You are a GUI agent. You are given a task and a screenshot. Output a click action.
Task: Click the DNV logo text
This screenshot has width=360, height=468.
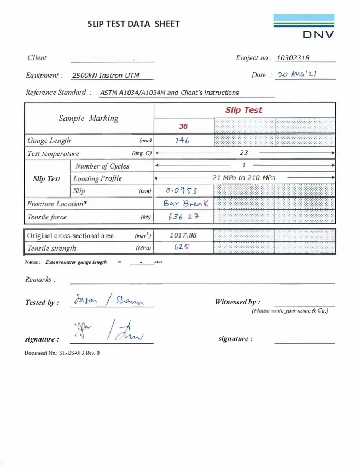[x=318, y=35]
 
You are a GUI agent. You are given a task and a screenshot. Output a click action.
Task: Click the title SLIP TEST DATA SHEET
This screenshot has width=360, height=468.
[x=133, y=24]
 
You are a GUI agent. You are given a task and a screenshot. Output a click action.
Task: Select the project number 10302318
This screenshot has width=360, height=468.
[x=293, y=58]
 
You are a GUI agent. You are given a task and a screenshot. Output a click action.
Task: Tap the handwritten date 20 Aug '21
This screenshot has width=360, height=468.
[x=298, y=74]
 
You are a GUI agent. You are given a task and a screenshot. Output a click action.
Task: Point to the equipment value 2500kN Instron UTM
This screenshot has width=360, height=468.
[x=103, y=76]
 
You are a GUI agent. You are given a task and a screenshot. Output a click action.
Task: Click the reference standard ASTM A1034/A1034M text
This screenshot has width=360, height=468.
[x=170, y=93]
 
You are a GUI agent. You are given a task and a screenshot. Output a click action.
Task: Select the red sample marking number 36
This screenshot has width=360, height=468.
[x=183, y=126]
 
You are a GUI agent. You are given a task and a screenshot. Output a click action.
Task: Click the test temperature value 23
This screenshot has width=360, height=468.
[x=244, y=153]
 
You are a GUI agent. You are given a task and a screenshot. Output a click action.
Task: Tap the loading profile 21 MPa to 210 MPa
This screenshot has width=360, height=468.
[x=244, y=178]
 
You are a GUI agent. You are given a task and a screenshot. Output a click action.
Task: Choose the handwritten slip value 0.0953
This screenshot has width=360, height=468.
[x=181, y=190]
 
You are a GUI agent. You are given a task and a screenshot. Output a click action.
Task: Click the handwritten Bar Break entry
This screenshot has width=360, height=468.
[x=185, y=203]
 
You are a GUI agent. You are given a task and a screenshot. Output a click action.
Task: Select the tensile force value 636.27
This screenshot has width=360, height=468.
[x=184, y=217]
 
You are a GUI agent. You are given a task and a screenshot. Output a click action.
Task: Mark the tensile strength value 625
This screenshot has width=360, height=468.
[x=182, y=247]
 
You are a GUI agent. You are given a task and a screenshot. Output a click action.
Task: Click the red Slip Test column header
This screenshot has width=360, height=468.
[x=243, y=110]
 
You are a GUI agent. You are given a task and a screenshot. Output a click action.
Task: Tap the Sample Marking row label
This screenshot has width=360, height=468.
[x=88, y=118]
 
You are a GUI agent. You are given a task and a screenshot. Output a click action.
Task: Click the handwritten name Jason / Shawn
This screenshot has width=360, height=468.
[x=108, y=299]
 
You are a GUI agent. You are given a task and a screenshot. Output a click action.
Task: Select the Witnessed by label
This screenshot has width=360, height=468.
[x=237, y=302]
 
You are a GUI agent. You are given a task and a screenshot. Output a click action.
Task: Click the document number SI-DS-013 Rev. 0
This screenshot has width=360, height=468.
[x=62, y=353]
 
